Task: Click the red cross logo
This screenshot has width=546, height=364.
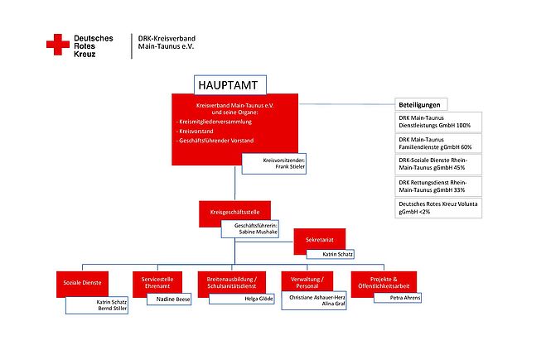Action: tap(58, 45)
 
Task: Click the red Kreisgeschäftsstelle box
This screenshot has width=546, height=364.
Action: tap(235, 213)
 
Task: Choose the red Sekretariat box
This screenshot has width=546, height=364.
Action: tap(319, 240)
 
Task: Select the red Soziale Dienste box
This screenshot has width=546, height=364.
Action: tap(83, 283)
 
